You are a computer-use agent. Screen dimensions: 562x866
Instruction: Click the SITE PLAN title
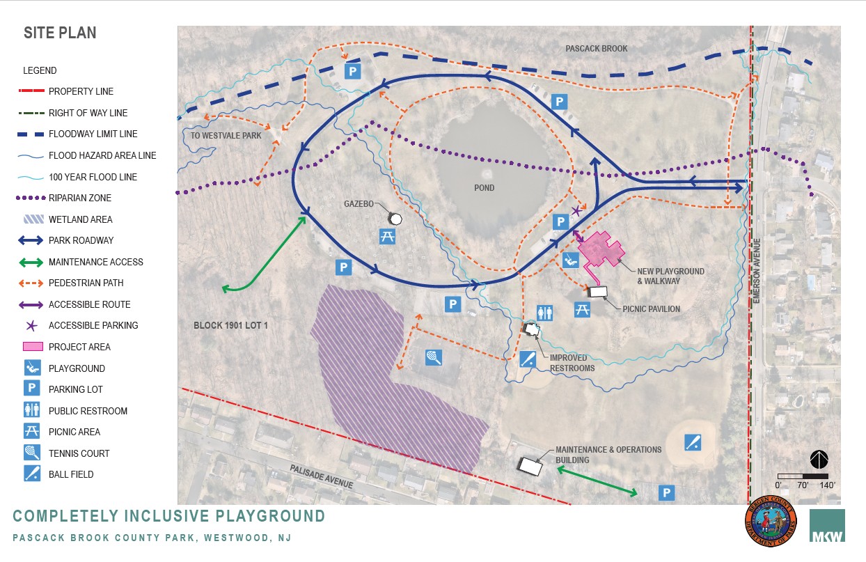pos(60,33)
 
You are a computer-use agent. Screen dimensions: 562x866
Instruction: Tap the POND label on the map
pos(485,188)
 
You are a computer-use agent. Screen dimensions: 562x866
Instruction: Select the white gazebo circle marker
pos(395,219)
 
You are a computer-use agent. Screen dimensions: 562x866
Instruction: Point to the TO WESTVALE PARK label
pos(226,136)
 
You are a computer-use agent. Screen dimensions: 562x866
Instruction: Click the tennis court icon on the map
pos(434,358)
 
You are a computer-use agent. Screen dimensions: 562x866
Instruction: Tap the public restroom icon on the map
pos(544,313)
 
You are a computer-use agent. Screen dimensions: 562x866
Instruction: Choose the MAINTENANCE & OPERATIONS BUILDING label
pos(608,455)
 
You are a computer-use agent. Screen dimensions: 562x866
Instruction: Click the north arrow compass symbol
pos(819,460)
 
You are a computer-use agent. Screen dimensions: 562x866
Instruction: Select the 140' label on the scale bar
pos(826,485)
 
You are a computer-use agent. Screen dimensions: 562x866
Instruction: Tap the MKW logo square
pos(827,526)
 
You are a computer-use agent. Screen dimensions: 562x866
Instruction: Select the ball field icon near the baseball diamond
pos(692,442)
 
